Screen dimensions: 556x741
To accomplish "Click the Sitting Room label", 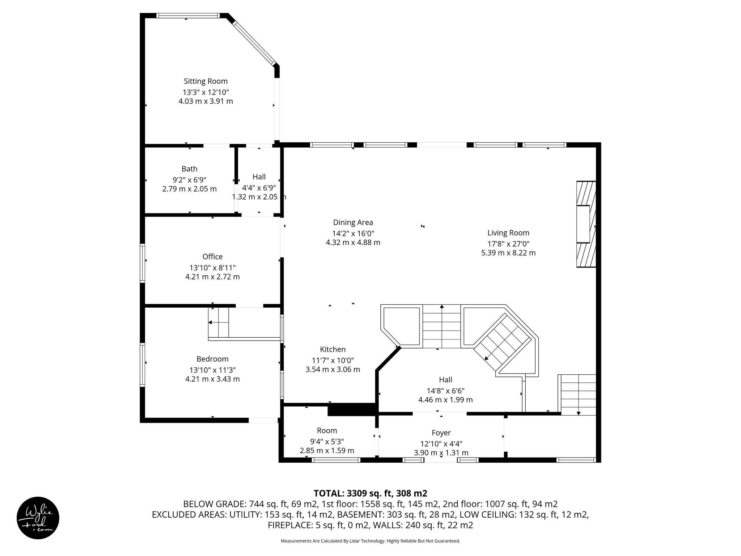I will [x=206, y=81].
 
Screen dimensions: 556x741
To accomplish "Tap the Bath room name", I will [x=189, y=169].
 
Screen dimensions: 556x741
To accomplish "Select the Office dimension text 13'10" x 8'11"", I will [x=212, y=268].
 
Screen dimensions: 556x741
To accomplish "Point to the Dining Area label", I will [x=353, y=223].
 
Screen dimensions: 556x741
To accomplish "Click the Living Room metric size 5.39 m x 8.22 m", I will [x=508, y=253].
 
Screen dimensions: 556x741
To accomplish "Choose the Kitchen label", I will [x=333, y=349].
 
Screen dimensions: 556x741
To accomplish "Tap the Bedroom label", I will [x=212, y=359].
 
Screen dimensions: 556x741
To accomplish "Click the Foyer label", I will [x=441, y=433].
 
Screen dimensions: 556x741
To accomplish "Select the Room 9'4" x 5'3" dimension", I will [x=327, y=442].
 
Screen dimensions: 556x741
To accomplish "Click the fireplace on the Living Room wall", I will [x=585, y=224].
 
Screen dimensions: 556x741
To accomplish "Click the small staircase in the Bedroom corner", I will [x=219, y=322].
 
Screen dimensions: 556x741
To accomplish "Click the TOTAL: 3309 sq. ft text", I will [x=370, y=493].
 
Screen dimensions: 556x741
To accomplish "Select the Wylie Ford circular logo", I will [x=38, y=518].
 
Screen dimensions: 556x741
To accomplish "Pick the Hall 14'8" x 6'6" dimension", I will [x=445, y=391].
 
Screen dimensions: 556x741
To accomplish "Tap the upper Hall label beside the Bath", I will [x=259, y=177].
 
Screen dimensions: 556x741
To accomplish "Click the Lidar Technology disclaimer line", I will [x=370, y=541].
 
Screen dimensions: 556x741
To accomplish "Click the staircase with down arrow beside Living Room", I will [x=578, y=395].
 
